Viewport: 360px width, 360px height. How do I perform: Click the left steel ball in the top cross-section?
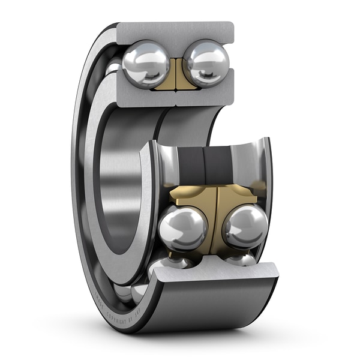point(146,64)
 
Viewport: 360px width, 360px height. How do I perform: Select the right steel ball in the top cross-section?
point(206,62)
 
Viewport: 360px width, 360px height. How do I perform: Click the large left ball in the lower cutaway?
point(183,228)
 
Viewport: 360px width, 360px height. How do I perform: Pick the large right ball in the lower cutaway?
point(245,226)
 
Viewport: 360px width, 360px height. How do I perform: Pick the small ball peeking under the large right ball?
point(240,259)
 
